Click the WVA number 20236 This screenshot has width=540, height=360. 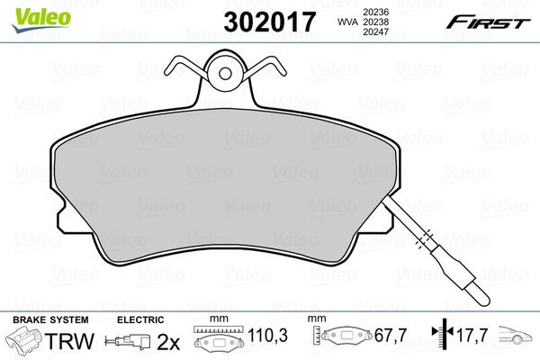tap(371, 10)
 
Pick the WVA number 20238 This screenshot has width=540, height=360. tap(371, 22)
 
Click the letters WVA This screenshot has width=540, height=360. tap(343, 22)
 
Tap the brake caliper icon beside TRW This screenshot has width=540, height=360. tap(24, 342)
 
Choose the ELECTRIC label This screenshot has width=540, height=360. tap(140, 320)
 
